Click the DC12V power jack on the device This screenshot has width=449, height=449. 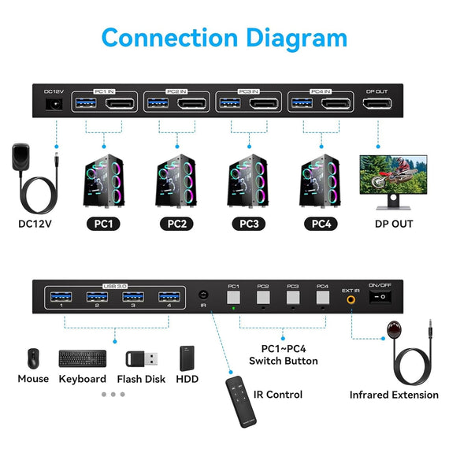54,105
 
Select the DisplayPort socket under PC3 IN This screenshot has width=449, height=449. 262,105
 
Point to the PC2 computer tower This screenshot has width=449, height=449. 176,180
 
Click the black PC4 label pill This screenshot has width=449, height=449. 321,223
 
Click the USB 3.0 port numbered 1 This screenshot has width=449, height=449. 61,297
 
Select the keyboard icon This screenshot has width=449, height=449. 82,358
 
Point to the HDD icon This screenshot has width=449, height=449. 186,358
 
